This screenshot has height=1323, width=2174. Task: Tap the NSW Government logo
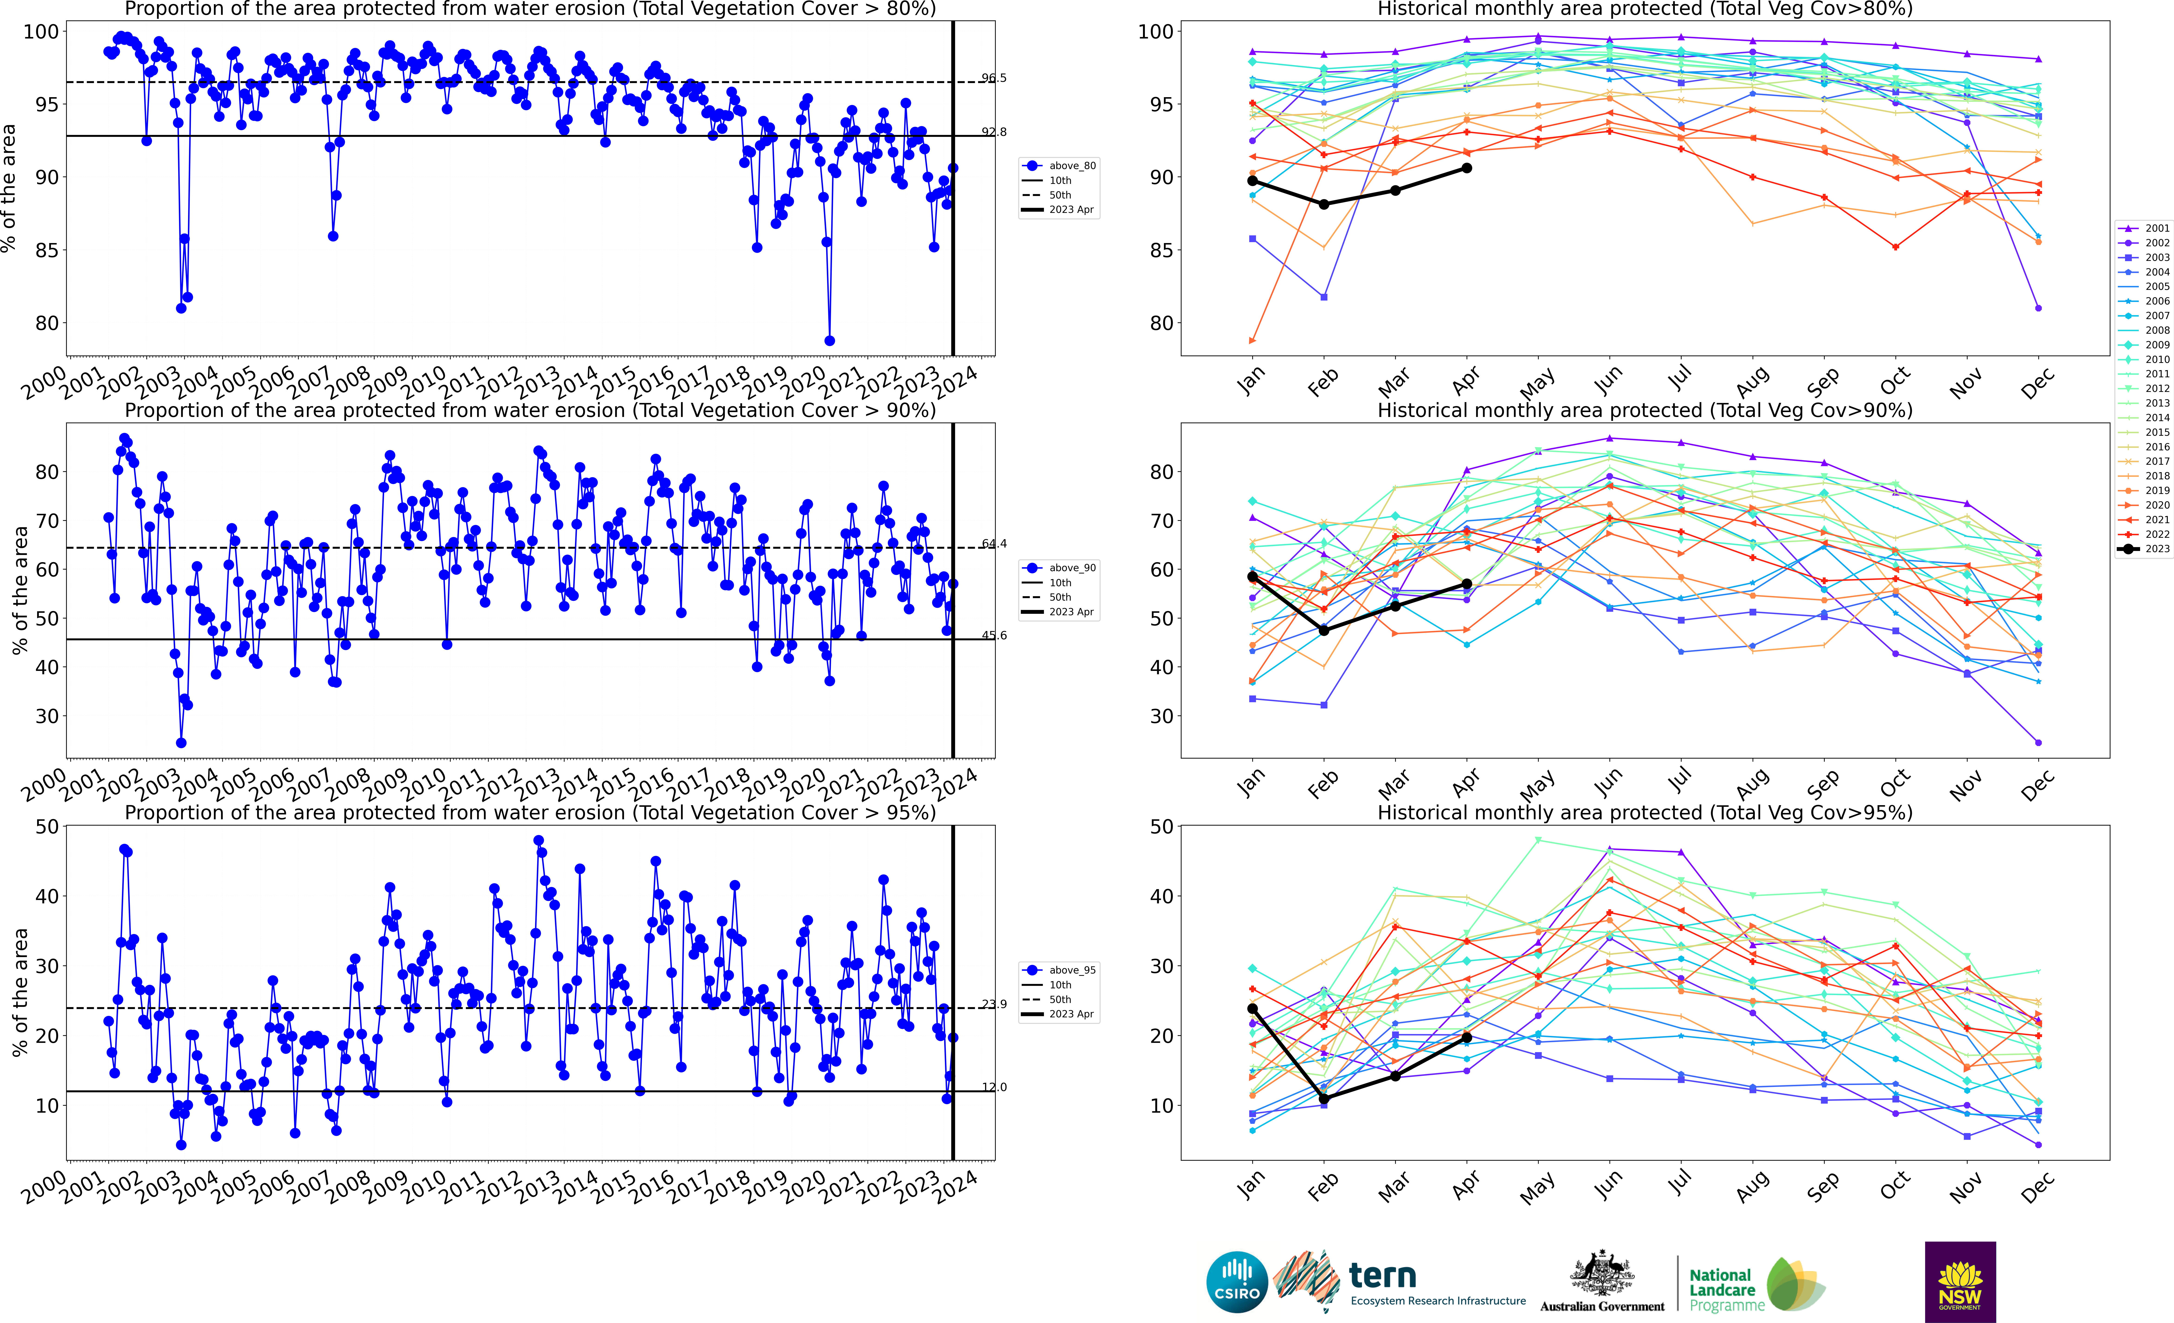(1960, 1281)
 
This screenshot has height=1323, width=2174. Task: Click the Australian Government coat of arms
(1601, 1275)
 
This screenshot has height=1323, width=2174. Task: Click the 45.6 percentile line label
(993, 635)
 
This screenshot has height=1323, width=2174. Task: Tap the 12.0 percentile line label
(993, 1087)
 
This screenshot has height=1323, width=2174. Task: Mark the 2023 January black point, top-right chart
(1252, 181)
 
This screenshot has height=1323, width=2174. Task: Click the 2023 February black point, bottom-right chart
(1323, 1098)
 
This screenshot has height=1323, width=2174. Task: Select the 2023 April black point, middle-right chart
(1466, 584)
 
